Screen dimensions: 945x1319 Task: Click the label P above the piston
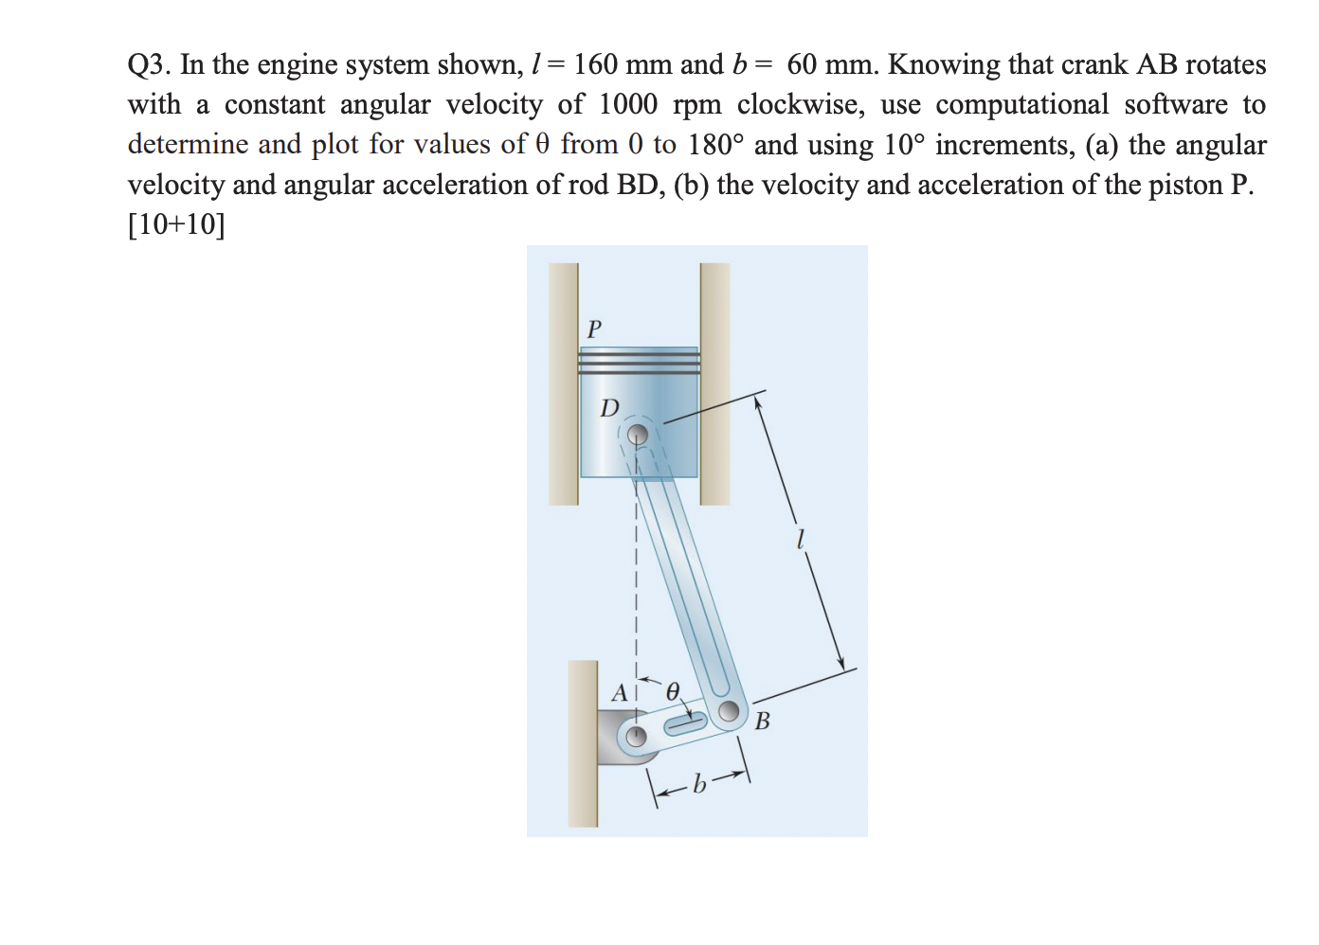[594, 329]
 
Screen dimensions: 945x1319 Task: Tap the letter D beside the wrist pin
[609, 408]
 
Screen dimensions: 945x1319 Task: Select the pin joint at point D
[639, 435]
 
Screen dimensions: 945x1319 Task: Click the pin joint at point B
[729, 711]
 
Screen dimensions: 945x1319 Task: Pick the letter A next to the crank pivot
[620, 693]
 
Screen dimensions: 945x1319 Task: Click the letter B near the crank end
[763, 722]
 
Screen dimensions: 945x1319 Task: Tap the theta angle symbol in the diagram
[673, 691]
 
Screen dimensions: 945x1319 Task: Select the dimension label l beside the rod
[801, 540]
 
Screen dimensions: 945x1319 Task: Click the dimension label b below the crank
[699, 784]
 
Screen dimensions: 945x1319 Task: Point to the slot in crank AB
[684, 724]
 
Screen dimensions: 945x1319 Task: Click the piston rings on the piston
[639, 362]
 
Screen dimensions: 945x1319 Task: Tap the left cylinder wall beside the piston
[564, 383]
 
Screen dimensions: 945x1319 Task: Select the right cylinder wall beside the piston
[715, 383]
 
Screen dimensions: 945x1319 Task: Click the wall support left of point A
[583, 743]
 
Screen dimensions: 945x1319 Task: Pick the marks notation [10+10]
[176, 224]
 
